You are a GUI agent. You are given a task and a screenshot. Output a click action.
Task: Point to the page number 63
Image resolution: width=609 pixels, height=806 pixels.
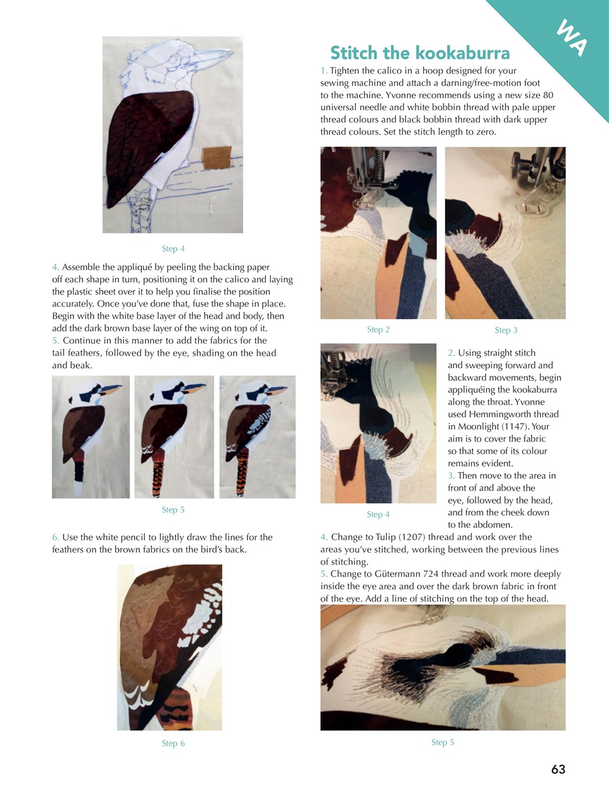point(558,769)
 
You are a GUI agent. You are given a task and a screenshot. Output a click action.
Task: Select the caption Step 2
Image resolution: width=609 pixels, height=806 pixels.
point(378,329)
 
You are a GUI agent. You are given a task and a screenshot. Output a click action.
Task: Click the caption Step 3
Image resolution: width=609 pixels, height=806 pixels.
point(506,330)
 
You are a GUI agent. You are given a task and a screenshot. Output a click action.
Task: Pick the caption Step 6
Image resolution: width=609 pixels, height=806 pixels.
point(173,743)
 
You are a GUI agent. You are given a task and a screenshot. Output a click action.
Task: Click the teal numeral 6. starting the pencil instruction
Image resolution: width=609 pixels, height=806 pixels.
point(55,537)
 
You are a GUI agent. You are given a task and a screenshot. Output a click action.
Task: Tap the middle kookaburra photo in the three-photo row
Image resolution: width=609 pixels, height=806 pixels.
point(174,437)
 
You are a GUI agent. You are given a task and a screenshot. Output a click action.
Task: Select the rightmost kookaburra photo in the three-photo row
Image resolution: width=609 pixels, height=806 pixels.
point(257,437)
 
